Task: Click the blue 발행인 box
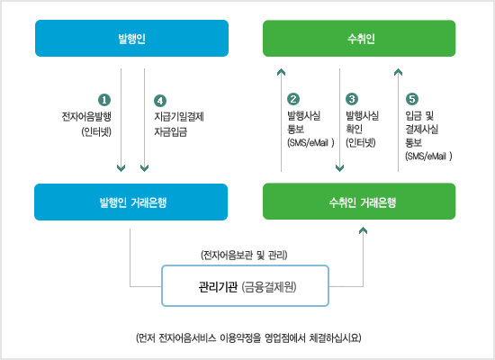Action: point(131,38)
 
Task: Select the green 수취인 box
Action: point(359,38)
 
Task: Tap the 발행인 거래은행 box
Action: point(131,202)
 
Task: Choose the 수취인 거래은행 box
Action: point(359,202)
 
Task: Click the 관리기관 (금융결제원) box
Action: point(246,286)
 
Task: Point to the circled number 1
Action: point(104,100)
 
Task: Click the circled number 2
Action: point(293,99)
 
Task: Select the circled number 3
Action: point(352,99)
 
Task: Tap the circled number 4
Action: point(160,101)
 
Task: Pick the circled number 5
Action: point(412,99)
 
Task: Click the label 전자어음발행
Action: point(86,116)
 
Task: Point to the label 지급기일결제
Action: point(179,116)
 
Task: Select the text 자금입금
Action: point(170,131)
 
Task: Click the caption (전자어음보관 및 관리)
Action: point(244,255)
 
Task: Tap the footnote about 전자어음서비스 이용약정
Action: point(248,337)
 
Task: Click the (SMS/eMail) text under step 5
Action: point(428,156)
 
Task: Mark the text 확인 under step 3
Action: point(354,129)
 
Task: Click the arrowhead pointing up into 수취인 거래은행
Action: point(363,230)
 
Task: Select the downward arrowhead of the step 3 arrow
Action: point(339,168)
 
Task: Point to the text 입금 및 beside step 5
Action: point(419,115)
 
